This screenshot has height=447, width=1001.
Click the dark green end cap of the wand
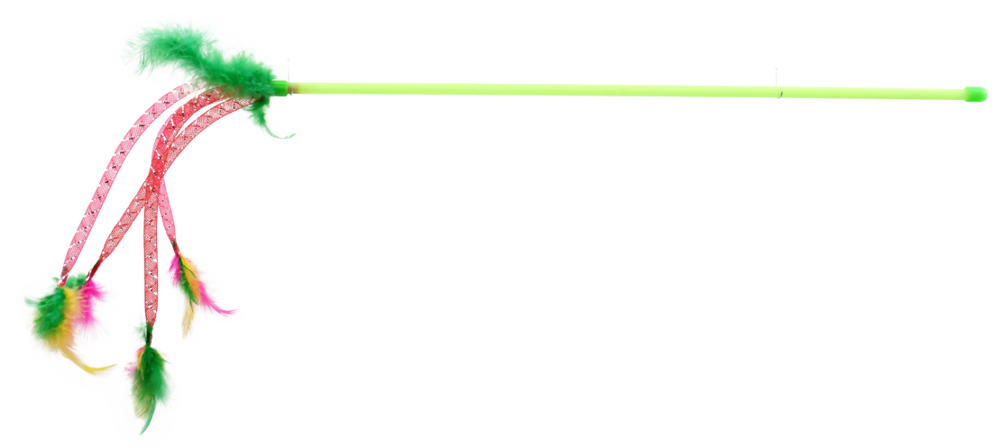(975, 94)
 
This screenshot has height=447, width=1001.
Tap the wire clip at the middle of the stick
(778, 82)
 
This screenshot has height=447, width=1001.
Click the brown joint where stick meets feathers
(283, 88)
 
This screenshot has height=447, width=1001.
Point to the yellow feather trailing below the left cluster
(86, 365)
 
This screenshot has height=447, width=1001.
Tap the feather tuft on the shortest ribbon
(194, 288)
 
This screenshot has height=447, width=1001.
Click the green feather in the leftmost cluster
(45, 306)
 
